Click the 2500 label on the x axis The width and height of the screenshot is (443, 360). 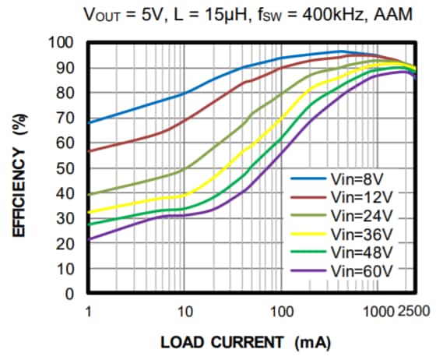coord(417,312)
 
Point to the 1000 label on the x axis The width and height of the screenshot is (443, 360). coord(379,312)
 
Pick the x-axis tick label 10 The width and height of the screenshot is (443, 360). coord(185,312)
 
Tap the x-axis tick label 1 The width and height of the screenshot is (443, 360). coord(89,312)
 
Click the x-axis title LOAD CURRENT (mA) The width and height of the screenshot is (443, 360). coord(243,343)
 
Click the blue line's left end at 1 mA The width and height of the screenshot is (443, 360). coord(90,122)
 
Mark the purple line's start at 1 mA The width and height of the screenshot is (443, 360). coord(90,240)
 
